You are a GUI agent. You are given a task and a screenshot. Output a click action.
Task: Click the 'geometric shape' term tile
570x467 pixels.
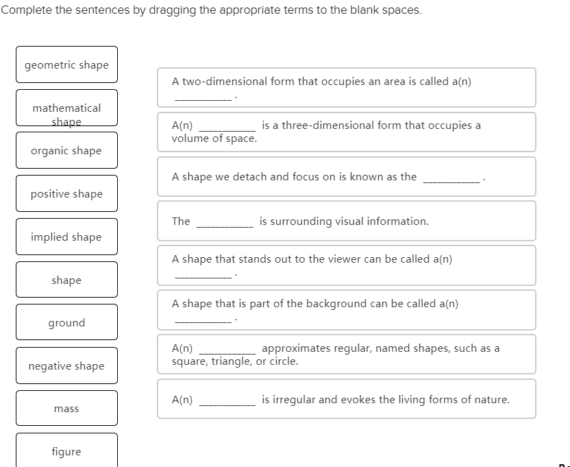point(66,65)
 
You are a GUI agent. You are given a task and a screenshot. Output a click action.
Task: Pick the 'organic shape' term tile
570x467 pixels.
point(66,151)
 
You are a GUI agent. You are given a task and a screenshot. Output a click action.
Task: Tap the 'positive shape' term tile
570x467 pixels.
point(66,194)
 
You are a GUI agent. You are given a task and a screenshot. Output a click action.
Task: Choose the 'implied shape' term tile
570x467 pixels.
point(66,237)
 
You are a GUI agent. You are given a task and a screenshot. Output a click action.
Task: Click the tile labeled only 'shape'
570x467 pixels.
point(66,280)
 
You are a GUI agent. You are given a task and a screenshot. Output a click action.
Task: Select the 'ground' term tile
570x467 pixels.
point(66,323)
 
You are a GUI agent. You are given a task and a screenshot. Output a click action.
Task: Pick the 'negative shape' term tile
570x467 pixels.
point(66,366)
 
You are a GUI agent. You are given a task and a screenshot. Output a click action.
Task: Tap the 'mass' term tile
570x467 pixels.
point(66,409)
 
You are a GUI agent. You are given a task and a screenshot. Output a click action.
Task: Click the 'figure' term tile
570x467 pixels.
point(66,451)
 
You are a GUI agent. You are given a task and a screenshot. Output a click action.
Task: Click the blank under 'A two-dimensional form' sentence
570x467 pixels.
point(203,97)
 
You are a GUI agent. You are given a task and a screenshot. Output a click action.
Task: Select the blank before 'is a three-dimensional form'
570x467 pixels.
point(227,127)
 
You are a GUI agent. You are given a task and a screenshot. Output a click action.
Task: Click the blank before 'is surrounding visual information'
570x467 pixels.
point(225,224)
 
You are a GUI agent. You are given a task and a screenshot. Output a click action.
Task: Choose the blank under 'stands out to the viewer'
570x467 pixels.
point(203,276)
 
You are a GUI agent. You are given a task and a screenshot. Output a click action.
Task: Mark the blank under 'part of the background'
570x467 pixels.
point(203,320)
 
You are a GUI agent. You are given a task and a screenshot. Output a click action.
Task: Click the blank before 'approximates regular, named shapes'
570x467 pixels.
point(227,350)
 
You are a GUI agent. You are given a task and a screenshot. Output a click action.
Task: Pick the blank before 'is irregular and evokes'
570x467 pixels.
point(227,402)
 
